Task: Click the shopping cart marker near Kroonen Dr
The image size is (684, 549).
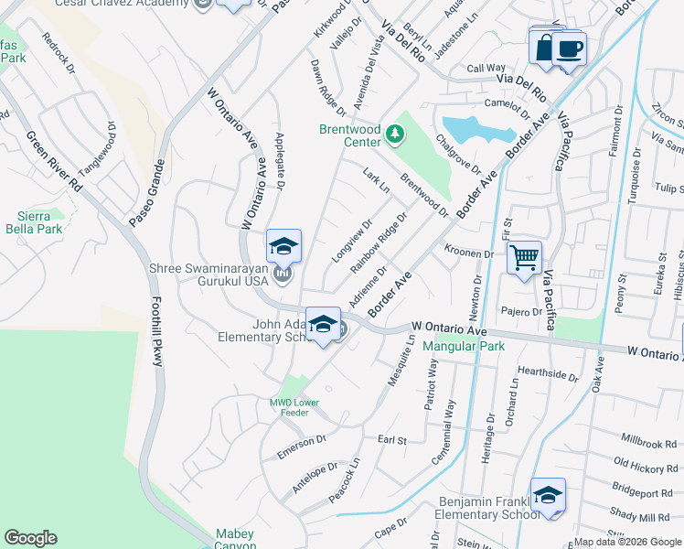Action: (x=525, y=257)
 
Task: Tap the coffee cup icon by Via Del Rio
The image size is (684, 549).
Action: (x=570, y=48)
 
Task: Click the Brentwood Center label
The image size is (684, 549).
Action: (x=349, y=135)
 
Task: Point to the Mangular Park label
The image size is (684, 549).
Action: (x=464, y=347)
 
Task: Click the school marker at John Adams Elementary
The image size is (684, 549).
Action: (x=322, y=324)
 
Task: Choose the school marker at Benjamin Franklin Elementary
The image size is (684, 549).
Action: (x=549, y=496)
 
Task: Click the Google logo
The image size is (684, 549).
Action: (x=30, y=538)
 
